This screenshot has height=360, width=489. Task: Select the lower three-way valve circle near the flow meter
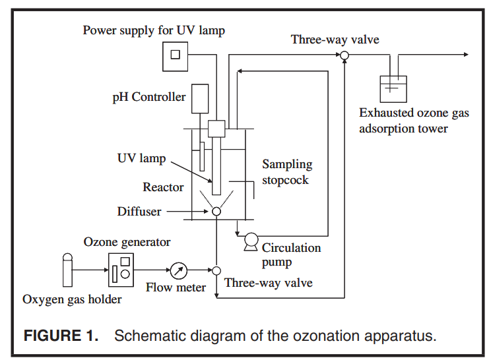[x=216, y=270]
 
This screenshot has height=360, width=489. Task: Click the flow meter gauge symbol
[x=178, y=270]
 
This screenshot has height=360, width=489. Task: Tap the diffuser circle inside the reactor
[x=216, y=212]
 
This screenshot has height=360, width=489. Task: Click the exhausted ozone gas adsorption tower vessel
[x=393, y=89]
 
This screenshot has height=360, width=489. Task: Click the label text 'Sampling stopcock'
[x=286, y=172]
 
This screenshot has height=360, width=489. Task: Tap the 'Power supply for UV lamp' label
[x=154, y=30]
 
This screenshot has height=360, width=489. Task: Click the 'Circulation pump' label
[x=291, y=255]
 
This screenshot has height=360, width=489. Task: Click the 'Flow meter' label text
[x=176, y=287]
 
